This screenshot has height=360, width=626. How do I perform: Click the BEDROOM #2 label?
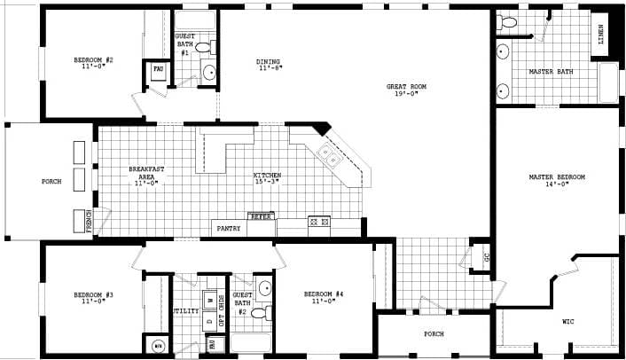(x=93, y=60)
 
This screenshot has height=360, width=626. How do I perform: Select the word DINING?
(x=269, y=62)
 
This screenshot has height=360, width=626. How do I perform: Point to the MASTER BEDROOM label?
(x=557, y=177)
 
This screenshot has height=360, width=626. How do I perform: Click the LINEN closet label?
(x=602, y=35)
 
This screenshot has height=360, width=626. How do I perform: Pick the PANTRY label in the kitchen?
(x=229, y=229)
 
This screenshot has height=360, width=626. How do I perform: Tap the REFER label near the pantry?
(x=260, y=216)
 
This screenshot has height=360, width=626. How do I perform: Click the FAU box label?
(x=159, y=68)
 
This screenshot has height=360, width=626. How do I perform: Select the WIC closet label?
(x=567, y=321)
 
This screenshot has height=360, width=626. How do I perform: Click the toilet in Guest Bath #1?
(x=204, y=47)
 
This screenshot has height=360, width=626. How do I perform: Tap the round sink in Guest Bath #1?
(x=210, y=74)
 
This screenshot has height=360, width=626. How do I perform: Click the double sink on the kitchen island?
(x=330, y=158)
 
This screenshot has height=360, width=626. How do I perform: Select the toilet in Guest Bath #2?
(x=260, y=312)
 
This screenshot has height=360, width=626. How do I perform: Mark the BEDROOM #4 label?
(x=323, y=294)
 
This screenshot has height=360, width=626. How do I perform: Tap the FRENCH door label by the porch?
(x=89, y=220)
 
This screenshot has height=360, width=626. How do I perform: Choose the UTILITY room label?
(x=184, y=311)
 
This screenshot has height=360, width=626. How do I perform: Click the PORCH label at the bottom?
(x=434, y=334)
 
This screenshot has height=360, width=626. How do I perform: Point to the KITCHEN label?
(x=267, y=176)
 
